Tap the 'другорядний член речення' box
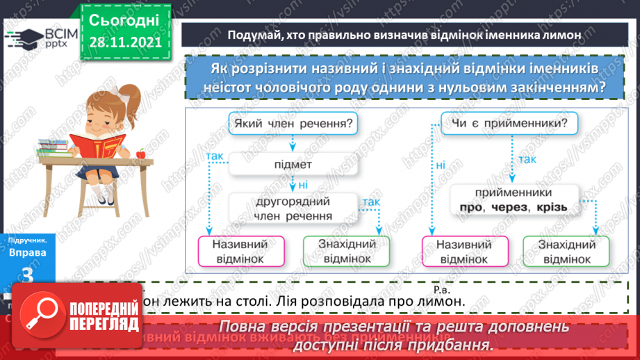click(293, 208)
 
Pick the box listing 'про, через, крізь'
click(514, 199)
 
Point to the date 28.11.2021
click(124, 42)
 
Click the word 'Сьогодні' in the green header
click(124, 19)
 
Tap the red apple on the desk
click(141, 152)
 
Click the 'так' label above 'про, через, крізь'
click(527, 161)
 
